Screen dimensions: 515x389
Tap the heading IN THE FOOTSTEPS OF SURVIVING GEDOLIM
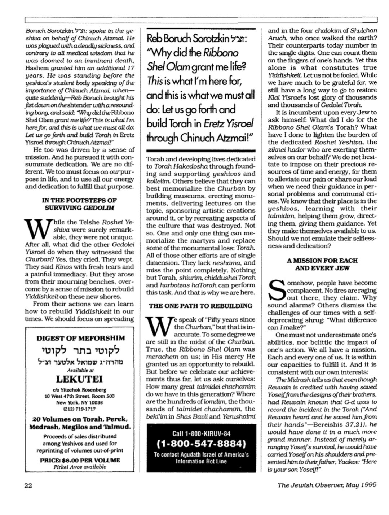(x=79, y=204)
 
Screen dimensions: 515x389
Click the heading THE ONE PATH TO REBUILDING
(x=200, y=306)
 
